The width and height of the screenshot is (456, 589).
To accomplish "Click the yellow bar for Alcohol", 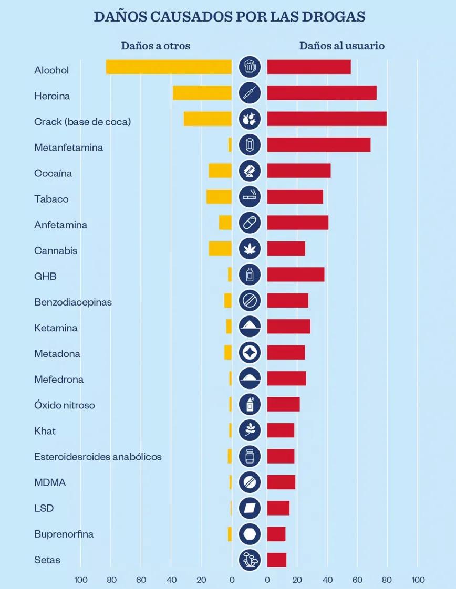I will pos(169,67).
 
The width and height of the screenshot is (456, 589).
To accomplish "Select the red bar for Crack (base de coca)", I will pos(327,119).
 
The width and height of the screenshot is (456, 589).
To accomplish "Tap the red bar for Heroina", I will pos(322,93).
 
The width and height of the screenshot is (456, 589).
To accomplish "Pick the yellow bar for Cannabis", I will pos(220,249).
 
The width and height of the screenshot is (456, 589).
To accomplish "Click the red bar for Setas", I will pos(276,560).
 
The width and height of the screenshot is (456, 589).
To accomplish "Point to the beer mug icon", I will pos(250,67).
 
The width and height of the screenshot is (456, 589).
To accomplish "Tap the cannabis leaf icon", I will pos(250,249).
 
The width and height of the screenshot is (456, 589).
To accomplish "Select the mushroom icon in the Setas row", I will pos(250,560).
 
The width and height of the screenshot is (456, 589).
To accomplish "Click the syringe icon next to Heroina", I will pos(250,93).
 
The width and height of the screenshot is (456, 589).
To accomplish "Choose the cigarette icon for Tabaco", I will pos(250,197).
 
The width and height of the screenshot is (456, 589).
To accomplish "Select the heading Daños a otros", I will pos(156,46).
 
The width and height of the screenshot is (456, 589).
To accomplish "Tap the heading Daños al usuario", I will pos(342,46).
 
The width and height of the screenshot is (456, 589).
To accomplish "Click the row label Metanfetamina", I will pos(68,148).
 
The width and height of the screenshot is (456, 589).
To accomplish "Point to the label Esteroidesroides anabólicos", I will pos(98,457).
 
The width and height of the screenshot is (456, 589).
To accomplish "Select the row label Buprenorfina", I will pos(64,534).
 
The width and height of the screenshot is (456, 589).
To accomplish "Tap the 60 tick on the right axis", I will pos(357,580).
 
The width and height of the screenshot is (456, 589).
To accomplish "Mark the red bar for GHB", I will pos(295,275).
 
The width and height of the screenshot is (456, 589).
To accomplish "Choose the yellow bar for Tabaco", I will pos(219,197).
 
